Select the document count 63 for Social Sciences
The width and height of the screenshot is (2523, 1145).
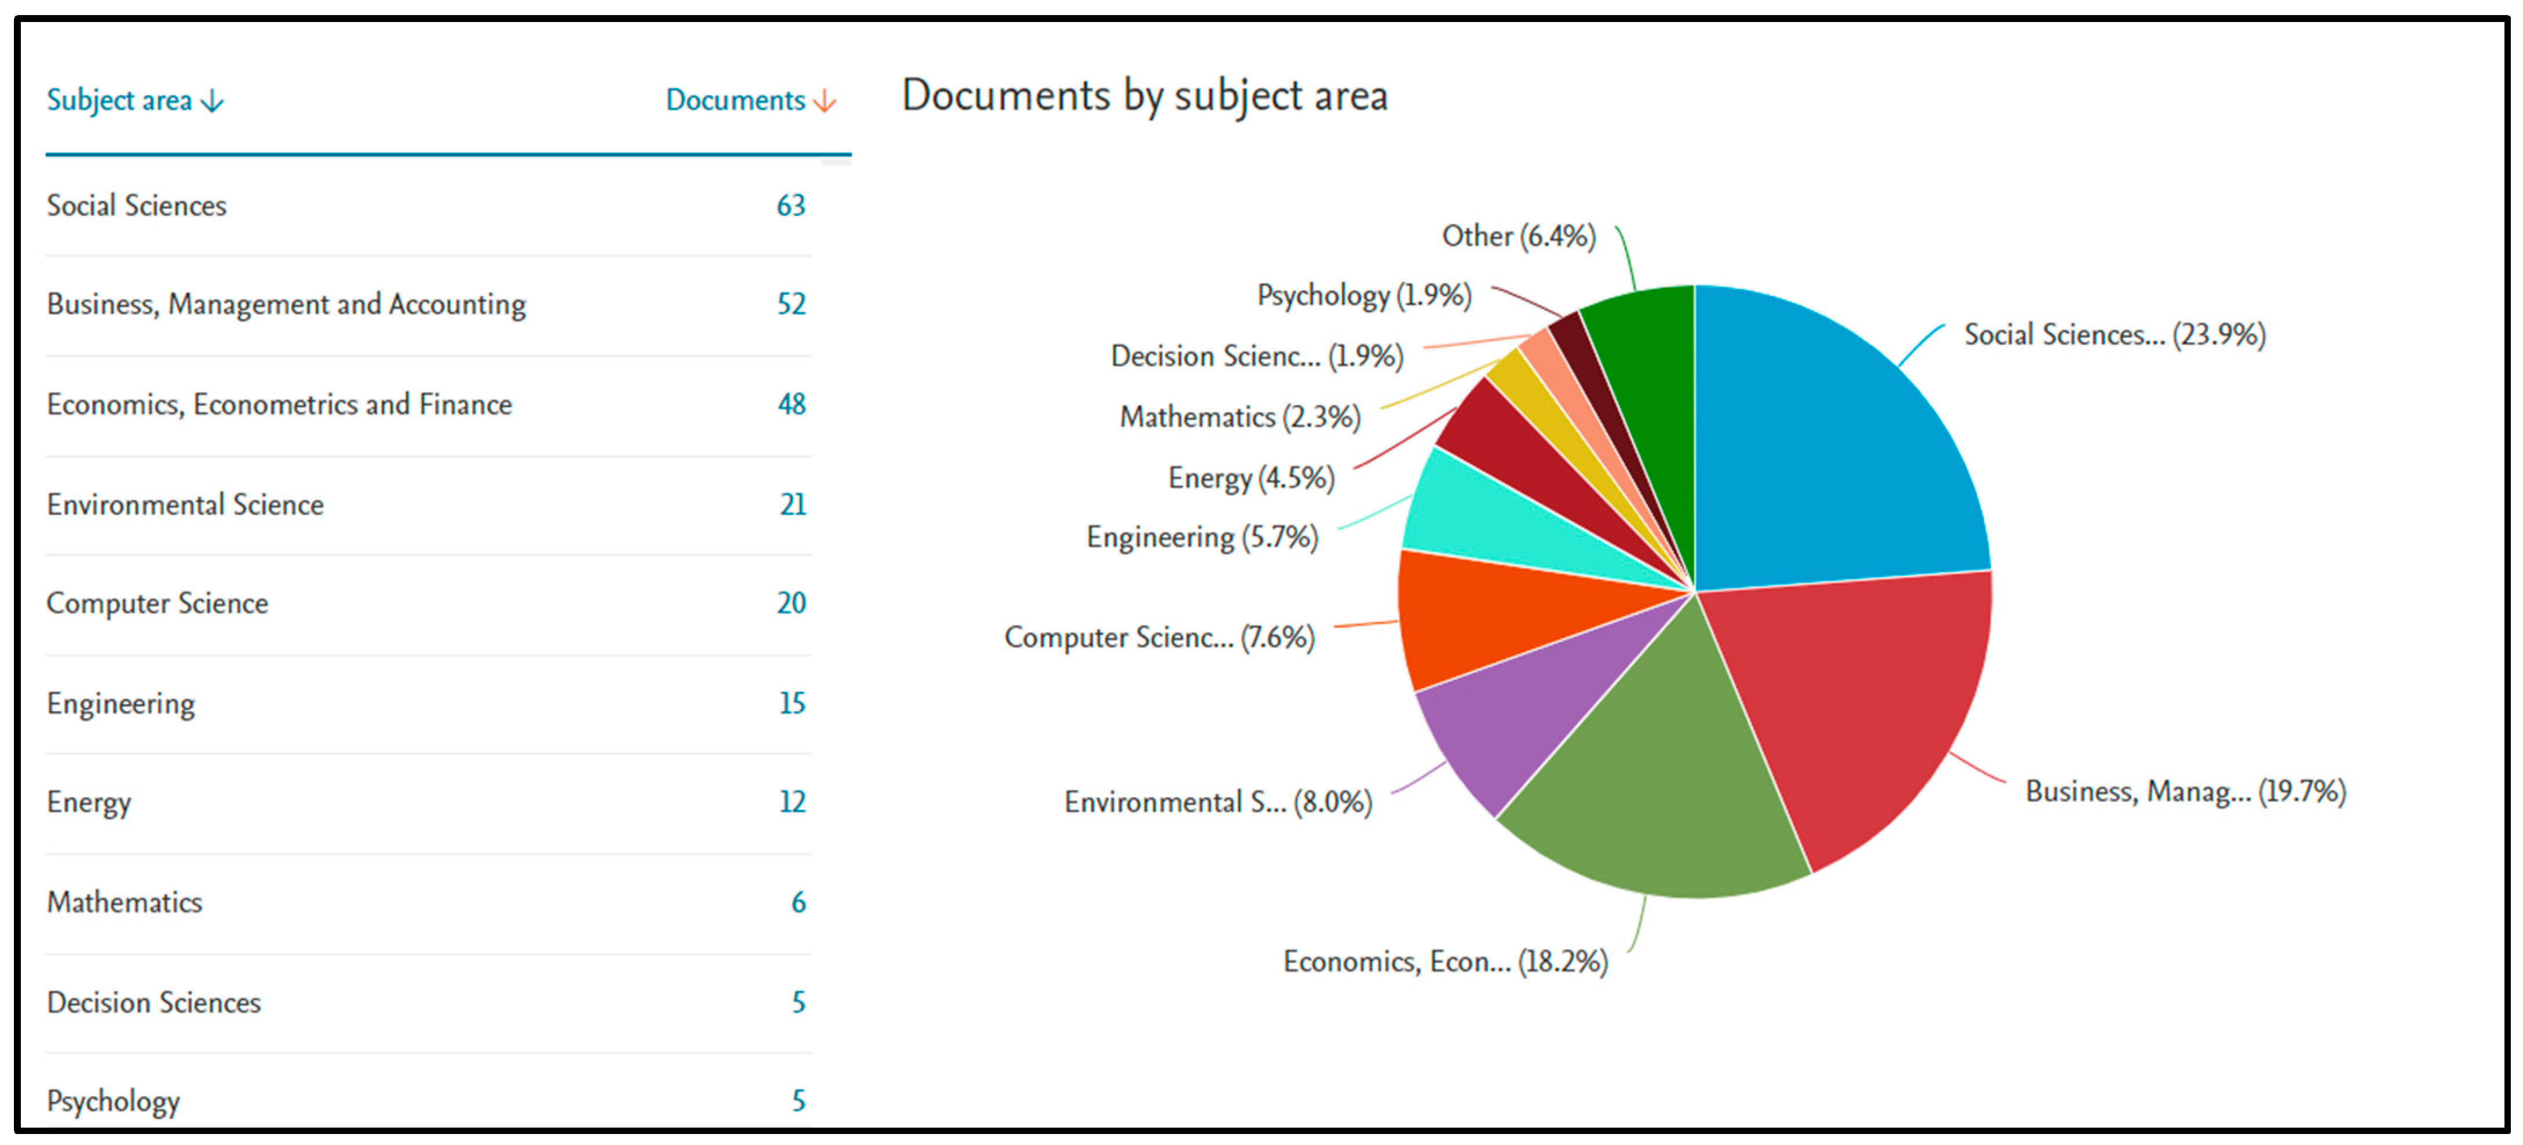tap(791, 206)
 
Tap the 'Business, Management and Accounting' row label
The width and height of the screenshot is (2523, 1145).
tap(286, 305)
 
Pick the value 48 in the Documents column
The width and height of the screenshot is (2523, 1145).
tap(791, 404)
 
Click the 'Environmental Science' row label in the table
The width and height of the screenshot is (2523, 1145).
tap(185, 504)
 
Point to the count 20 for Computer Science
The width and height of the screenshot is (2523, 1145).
tap(791, 603)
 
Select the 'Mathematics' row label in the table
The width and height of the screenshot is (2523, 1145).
tap(125, 902)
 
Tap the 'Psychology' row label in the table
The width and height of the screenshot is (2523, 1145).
tap(114, 1101)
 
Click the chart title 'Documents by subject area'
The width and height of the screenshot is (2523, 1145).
tap(1144, 96)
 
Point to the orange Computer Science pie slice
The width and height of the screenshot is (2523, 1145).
tap(1479, 617)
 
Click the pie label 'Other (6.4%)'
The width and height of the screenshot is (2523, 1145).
tap(1518, 236)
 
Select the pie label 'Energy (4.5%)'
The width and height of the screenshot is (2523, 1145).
tap(1250, 478)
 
